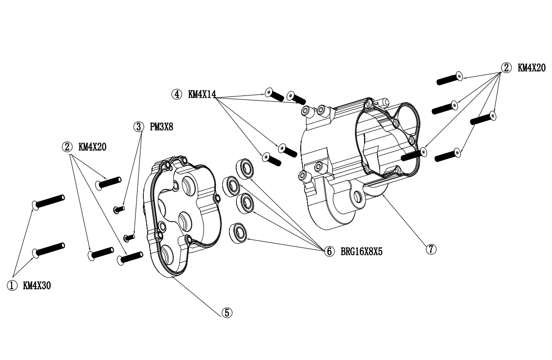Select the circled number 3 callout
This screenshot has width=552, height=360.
point(139,127)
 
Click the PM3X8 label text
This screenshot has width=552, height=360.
point(162,127)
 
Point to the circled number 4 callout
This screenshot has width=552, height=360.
point(176,94)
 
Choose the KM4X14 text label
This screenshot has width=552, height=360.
point(202,94)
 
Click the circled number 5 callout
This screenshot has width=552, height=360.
point(227,313)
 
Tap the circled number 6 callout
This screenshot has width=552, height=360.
point(329,251)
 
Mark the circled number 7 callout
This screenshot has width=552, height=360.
point(430,249)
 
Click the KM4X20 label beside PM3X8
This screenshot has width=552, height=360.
point(92,147)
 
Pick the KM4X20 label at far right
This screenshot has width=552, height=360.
point(531,68)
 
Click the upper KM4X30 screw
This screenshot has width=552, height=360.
point(48,201)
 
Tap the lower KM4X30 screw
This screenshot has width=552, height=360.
point(48,249)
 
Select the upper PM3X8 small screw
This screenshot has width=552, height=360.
point(119,209)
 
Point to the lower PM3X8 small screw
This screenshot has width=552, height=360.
point(129,237)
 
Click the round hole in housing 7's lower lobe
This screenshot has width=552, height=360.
point(358,196)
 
